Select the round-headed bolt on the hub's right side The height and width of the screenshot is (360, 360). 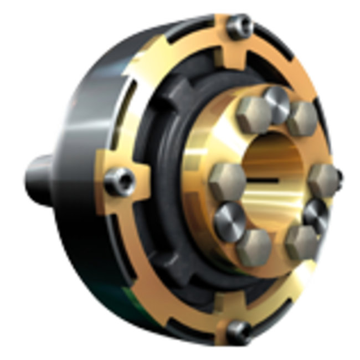316,213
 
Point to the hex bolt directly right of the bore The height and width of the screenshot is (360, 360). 323,178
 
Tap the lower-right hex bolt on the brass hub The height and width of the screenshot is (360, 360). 301,241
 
